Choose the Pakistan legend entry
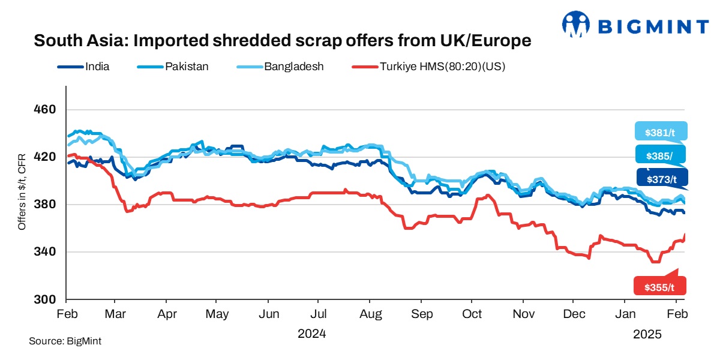click(x=187, y=67)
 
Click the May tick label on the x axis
click(x=217, y=314)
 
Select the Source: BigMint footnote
click(x=65, y=341)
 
